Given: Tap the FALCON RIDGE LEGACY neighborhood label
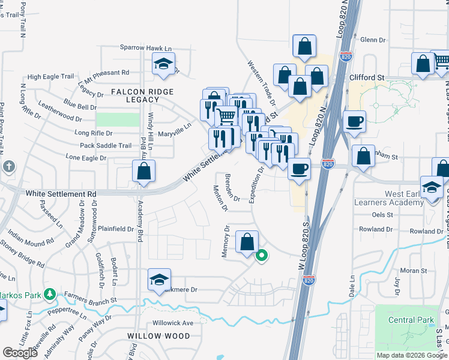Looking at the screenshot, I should pyautogui.click(x=142, y=95).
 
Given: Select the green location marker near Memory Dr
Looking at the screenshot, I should pyautogui.click(x=262, y=256).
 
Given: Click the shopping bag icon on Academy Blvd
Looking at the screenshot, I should pyautogui.click(x=144, y=172).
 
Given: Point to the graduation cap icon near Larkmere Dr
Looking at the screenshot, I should pyautogui.click(x=159, y=280).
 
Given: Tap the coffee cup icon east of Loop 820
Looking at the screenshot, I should pyautogui.click(x=354, y=121).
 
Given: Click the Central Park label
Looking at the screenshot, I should pyautogui.click(x=411, y=320).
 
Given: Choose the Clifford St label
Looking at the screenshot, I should pyautogui.click(x=367, y=78).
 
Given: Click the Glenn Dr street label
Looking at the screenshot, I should pyautogui.click(x=373, y=40).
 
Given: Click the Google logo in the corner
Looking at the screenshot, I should pyautogui.click(x=20, y=353).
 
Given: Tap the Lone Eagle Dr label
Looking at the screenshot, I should pyautogui.click(x=86, y=158).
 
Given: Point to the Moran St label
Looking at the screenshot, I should pyautogui.click(x=414, y=271).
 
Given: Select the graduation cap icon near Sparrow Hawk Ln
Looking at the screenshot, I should pyautogui.click(x=163, y=65).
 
